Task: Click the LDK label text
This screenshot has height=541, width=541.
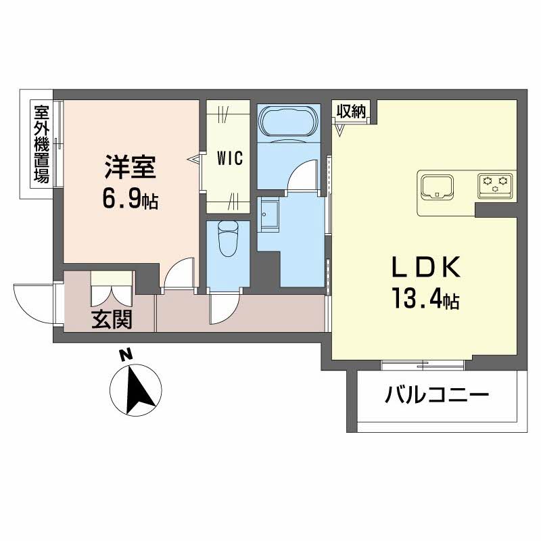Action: tap(426, 268)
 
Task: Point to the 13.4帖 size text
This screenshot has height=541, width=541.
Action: tap(424, 300)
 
